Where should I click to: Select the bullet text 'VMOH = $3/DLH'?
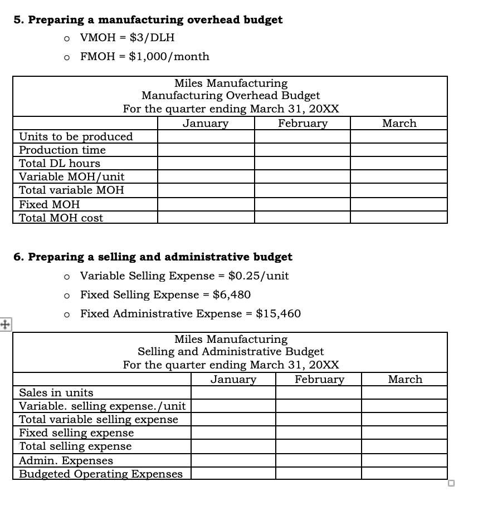coord(127,38)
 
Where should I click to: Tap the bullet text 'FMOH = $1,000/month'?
coord(145,56)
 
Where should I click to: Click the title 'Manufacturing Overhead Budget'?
coord(231,96)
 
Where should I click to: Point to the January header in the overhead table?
coord(206,123)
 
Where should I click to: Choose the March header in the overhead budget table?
coord(399,123)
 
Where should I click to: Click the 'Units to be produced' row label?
coord(76,136)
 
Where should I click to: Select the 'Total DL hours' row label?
coord(60,163)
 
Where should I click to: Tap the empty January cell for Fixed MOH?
coord(206,204)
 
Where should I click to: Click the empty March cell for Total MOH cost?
coord(399,218)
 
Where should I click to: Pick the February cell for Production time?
coord(303,150)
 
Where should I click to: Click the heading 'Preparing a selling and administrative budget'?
coord(160,257)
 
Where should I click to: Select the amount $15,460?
coord(278,313)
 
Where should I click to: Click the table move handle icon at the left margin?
coord(6,324)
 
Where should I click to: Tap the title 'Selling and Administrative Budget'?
coord(231,352)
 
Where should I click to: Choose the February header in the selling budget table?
coord(319,379)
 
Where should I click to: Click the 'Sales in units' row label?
coord(56,392)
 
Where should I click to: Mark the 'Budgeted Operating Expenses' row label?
coord(101,474)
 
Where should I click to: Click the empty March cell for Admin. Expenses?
coord(404,460)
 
